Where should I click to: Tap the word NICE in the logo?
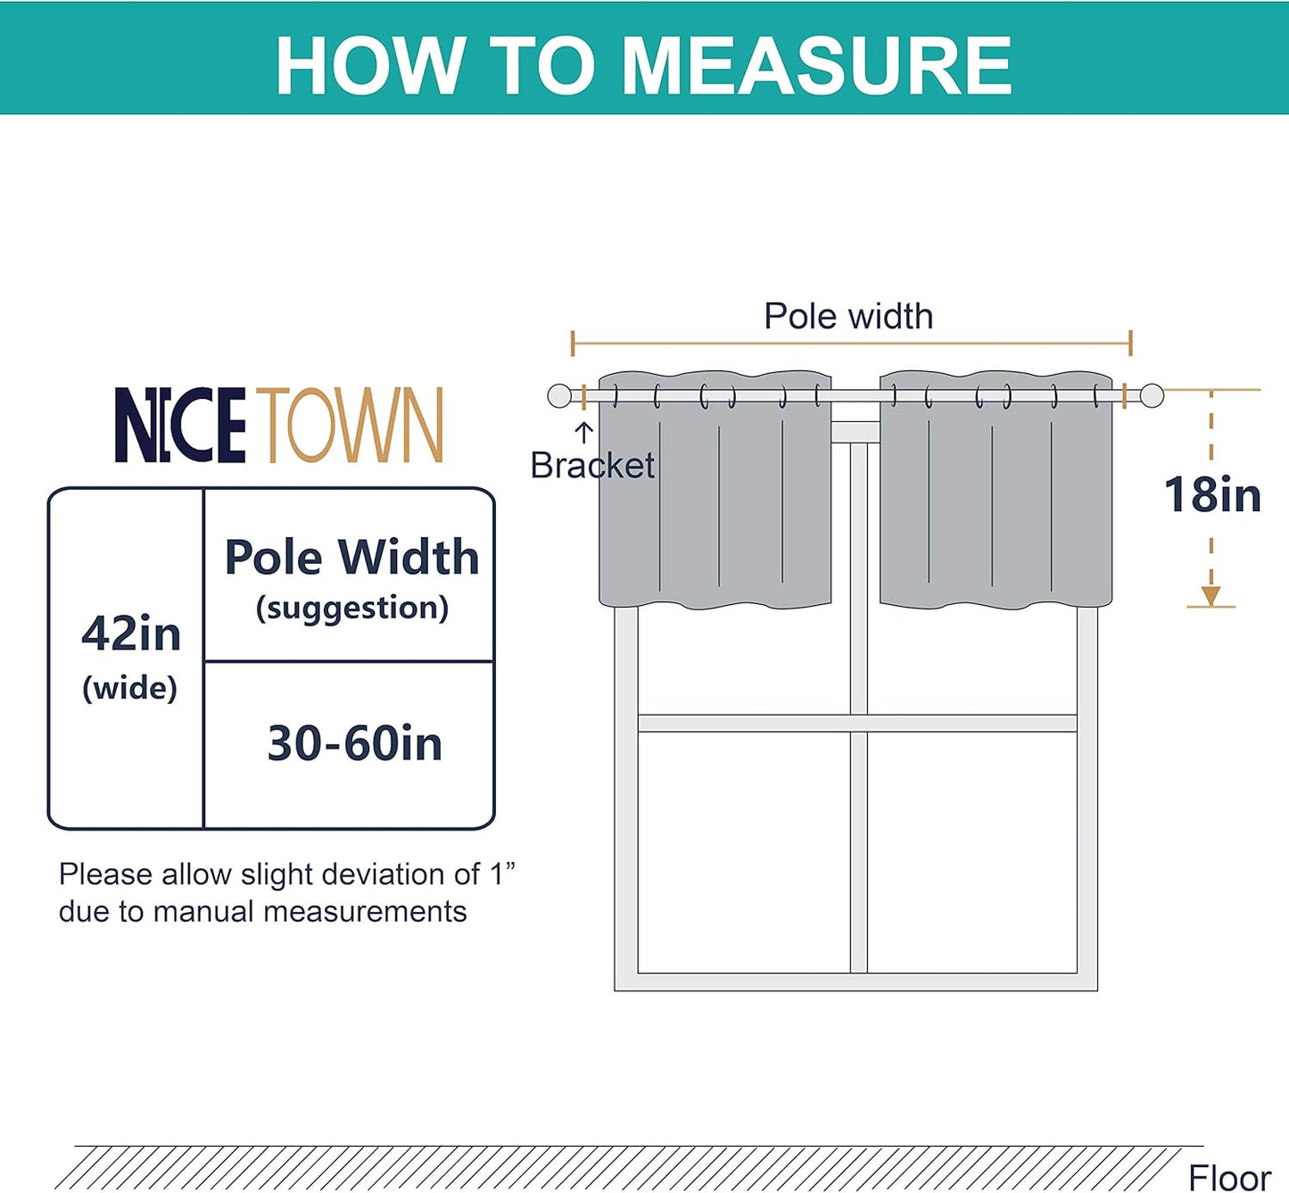179,426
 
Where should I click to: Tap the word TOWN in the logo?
354,426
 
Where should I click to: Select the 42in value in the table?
131,634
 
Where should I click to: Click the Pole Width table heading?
351,557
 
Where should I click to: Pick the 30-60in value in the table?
354,743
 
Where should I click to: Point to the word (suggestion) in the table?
351,609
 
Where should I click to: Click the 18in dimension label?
1212,494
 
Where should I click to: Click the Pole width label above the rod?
848,317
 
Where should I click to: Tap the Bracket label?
592,466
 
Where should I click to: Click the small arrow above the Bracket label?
583,433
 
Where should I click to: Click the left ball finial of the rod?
559,395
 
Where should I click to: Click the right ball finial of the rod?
1152,395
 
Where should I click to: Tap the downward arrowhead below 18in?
1211,596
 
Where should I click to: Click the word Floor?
1229,1177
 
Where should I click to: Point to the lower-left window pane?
744,852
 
